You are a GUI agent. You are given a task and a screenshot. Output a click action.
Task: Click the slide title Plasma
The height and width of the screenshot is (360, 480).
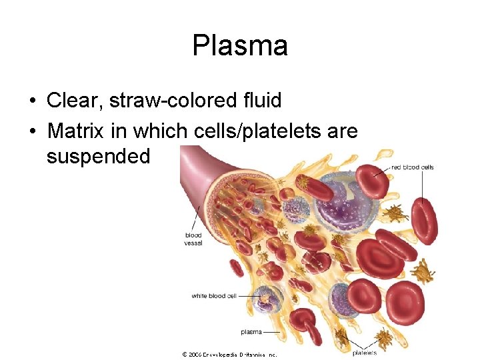[x=240, y=46]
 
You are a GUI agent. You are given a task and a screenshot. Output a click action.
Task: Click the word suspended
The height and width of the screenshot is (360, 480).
[x=99, y=157]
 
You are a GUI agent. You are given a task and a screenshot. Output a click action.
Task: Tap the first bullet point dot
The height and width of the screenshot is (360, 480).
[x=32, y=101]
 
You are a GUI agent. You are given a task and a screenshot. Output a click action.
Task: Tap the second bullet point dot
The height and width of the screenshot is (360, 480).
[x=32, y=132]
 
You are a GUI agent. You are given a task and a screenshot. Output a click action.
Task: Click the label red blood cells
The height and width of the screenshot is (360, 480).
[x=412, y=167]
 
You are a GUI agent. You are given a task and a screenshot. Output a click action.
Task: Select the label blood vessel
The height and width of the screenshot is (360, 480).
[x=193, y=239]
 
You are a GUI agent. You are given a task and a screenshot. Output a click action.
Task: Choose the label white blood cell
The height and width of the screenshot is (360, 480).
[x=213, y=296]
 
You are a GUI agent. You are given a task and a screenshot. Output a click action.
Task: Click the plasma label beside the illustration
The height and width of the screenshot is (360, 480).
[x=251, y=332]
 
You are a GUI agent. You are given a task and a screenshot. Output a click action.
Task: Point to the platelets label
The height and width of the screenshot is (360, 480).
[x=364, y=353]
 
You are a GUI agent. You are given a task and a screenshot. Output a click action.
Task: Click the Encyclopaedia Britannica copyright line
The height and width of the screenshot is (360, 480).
[x=229, y=355]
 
